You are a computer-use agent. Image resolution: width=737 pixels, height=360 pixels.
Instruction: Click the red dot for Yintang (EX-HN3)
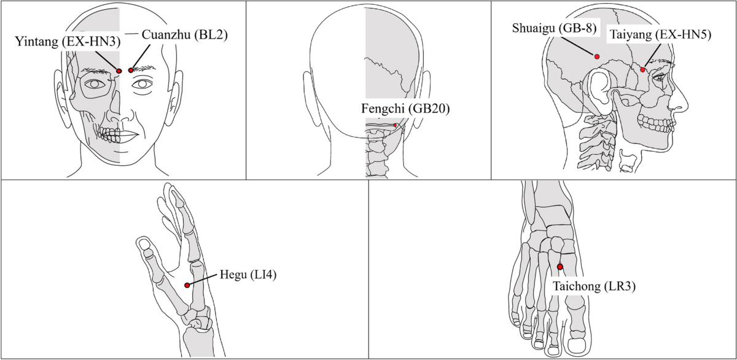[x=119, y=71]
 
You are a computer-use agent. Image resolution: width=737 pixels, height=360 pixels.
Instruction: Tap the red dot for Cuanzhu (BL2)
[x=131, y=71]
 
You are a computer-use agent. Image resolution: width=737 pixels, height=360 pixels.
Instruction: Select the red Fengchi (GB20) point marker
[x=396, y=126]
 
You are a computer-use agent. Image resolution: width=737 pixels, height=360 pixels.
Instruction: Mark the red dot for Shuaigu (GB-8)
[x=596, y=57]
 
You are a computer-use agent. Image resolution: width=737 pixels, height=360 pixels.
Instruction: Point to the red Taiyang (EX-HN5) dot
[x=643, y=70]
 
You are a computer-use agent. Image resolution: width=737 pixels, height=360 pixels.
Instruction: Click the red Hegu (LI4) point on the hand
[x=187, y=285]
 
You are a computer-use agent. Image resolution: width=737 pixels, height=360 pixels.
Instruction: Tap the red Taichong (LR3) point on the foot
[x=560, y=267]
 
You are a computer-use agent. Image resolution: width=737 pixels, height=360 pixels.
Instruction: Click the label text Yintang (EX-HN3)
[x=68, y=42]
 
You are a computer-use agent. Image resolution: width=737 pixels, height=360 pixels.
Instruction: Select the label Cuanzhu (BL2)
[x=184, y=35]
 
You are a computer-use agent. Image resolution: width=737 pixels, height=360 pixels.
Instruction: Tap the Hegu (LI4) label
[x=248, y=275]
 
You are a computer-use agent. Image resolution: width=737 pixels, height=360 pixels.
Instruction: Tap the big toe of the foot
[x=579, y=341]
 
